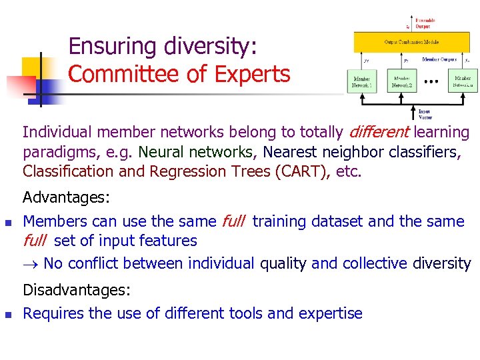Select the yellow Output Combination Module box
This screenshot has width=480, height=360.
pyautogui.click(x=411, y=43)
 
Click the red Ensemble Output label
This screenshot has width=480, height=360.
pyautogui.click(x=424, y=23)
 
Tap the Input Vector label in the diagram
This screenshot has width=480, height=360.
pyautogui.click(x=424, y=113)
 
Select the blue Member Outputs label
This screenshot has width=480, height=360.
pyautogui.click(x=439, y=59)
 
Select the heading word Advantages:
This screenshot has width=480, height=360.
pyautogui.click(x=66, y=198)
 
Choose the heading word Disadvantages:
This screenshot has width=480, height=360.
pyautogui.click(x=77, y=291)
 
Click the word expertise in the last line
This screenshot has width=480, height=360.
pyautogui.click(x=331, y=313)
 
